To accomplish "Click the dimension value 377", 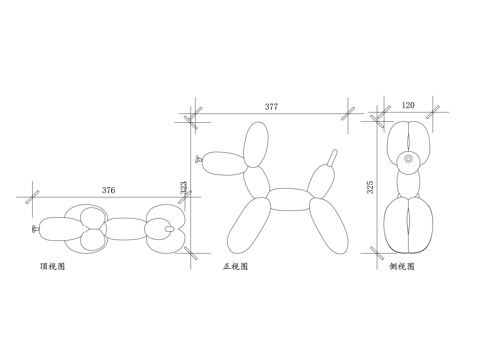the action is pyautogui.click(x=271, y=107).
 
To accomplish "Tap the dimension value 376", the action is pyautogui.click(x=108, y=190).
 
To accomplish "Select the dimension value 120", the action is pyautogui.click(x=408, y=105).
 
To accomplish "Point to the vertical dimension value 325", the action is pyautogui.click(x=370, y=187).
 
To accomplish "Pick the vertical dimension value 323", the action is pyautogui.click(x=184, y=188).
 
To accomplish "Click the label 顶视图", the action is pyautogui.click(x=52, y=267).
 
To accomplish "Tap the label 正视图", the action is pyautogui.click(x=235, y=267).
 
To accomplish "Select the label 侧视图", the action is pyautogui.click(x=402, y=267).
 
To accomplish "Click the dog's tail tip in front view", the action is pyautogui.click(x=335, y=151).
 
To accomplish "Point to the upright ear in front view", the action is pyautogui.click(x=256, y=144).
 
